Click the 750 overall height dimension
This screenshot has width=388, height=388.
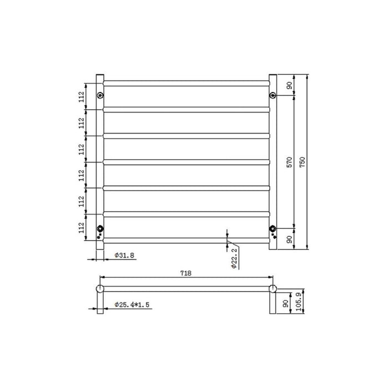pyautogui.click(x=302, y=161)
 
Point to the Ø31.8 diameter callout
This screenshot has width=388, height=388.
pyautogui.click(x=123, y=256)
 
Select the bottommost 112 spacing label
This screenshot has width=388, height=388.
pyautogui.click(x=81, y=227)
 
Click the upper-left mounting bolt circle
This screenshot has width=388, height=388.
pyautogui.click(x=100, y=95)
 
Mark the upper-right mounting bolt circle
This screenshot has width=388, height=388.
pyautogui.click(x=273, y=95)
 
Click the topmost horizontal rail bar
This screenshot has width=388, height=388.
pyautogui.click(x=186, y=83)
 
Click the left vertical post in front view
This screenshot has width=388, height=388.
pyautogui.click(x=100, y=161)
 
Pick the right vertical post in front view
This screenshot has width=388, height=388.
pyautogui.click(x=273, y=161)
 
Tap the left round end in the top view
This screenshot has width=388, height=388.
pyautogui.click(x=100, y=288)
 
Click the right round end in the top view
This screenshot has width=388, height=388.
pyautogui.click(x=273, y=288)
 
